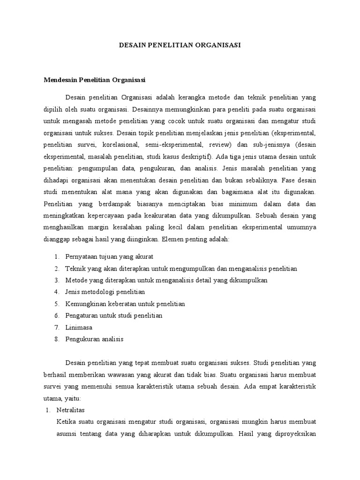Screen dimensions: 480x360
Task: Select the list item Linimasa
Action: [79, 327]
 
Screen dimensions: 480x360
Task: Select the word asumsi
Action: [66, 434]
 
